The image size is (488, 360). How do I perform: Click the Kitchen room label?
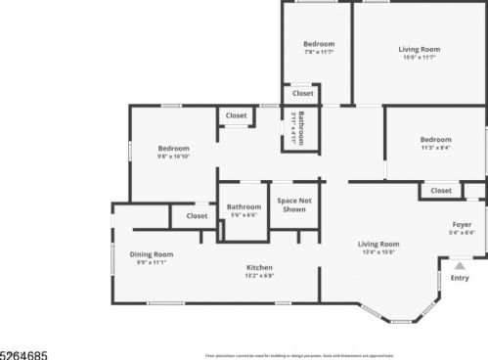point(259,267)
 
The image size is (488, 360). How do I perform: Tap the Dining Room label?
point(152,254)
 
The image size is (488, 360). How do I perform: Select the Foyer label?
point(462,224)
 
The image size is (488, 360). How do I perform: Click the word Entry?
point(460,278)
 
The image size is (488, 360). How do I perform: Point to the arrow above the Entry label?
point(460,264)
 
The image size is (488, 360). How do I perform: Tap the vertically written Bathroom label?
point(302,128)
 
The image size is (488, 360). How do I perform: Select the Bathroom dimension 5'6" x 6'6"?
point(244,215)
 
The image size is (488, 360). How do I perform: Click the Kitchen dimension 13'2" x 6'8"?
point(259,276)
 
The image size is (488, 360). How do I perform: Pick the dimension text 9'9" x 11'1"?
point(152,262)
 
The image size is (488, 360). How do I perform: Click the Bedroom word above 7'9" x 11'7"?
point(319,43)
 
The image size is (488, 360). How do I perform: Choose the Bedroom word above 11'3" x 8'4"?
point(435,139)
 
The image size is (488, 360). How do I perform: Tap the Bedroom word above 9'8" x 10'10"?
point(173,148)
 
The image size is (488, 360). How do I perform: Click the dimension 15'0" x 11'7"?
point(419,58)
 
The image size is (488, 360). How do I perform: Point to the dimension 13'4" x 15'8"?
point(377,252)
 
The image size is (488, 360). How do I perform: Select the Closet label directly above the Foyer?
point(441,191)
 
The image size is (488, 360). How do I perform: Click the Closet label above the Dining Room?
point(197,215)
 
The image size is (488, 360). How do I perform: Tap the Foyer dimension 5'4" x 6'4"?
point(462,233)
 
